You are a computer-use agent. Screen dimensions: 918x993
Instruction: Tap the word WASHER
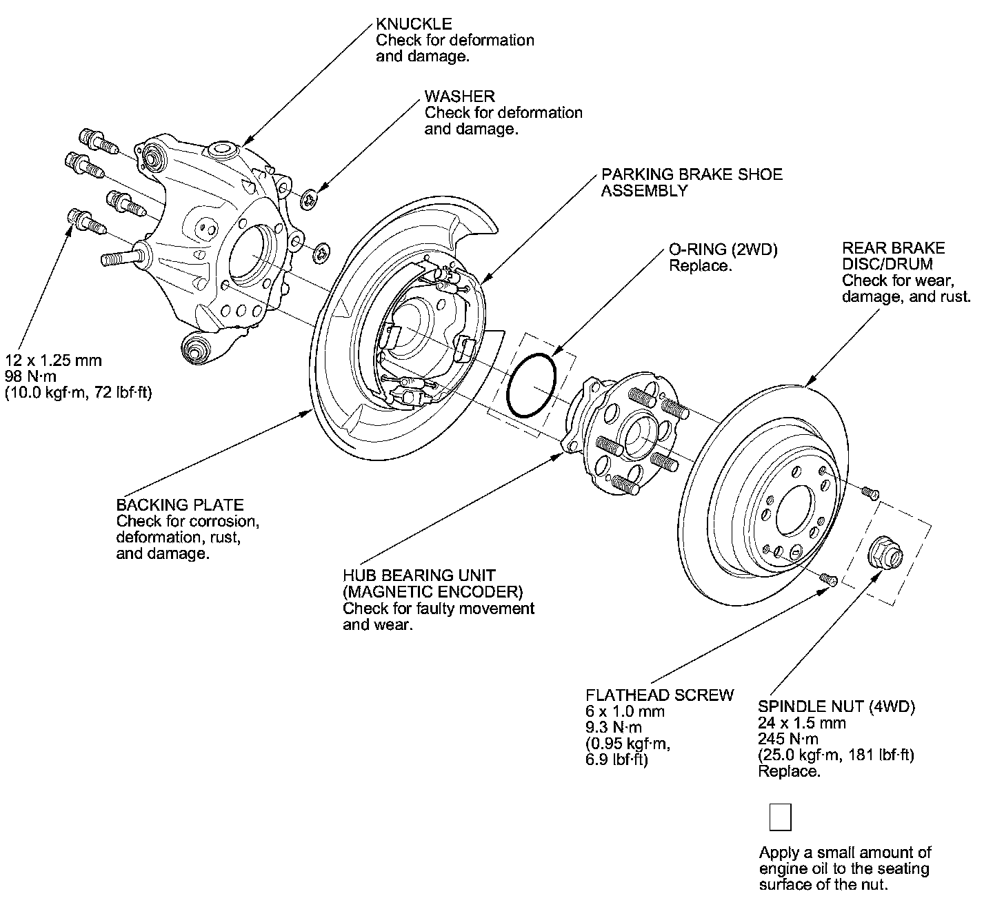[x=459, y=96]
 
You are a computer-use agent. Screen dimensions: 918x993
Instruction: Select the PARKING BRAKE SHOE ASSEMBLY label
[x=691, y=182]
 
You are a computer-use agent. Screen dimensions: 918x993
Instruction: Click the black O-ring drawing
[x=531, y=386]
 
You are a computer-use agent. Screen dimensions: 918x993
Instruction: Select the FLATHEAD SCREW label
[x=659, y=695]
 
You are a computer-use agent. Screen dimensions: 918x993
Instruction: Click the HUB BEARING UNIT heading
[x=419, y=575]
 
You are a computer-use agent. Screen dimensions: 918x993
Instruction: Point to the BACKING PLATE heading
[x=180, y=504]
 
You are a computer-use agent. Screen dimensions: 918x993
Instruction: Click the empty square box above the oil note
[x=780, y=817]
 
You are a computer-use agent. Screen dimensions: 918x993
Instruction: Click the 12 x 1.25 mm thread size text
[x=53, y=360]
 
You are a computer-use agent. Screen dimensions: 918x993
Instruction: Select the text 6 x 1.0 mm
[x=625, y=711]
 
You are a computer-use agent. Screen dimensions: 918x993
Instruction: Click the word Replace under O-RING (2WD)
[x=700, y=266]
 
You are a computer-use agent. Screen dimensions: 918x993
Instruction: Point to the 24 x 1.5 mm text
[x=801, y=723]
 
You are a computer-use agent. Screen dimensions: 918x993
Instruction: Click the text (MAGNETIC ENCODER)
[x=432, y=591]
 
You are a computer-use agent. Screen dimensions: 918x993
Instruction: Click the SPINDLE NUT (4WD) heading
[x=836, y=706]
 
